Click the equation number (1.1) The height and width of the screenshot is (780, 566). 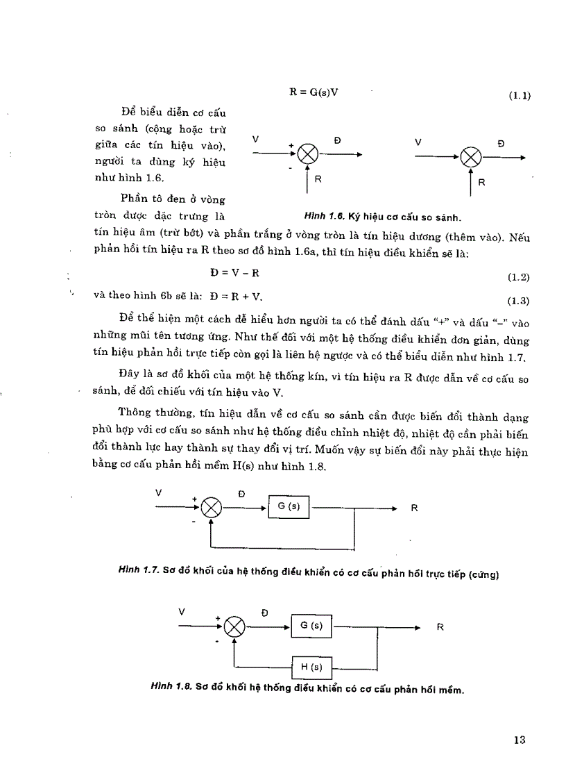click(x=519, y=97)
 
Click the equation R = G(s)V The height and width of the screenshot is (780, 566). click(x=318, y=91)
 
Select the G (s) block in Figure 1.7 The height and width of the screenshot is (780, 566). click(x=289, y=506)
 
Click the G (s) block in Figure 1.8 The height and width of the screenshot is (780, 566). click(x=311, y=626)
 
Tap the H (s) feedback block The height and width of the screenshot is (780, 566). click(x=311, y=668)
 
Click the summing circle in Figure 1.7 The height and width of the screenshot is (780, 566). click(x=211, y=508)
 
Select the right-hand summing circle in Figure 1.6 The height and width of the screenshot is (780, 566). click(x=471, y=157)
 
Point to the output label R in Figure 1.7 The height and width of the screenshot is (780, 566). click(x=414, y=508)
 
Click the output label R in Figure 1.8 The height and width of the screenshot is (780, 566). click(x=440, y=627)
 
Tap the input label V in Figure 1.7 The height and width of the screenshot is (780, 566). click(x=159, y=492)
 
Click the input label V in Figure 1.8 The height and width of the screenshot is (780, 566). click(x=182, y=612)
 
